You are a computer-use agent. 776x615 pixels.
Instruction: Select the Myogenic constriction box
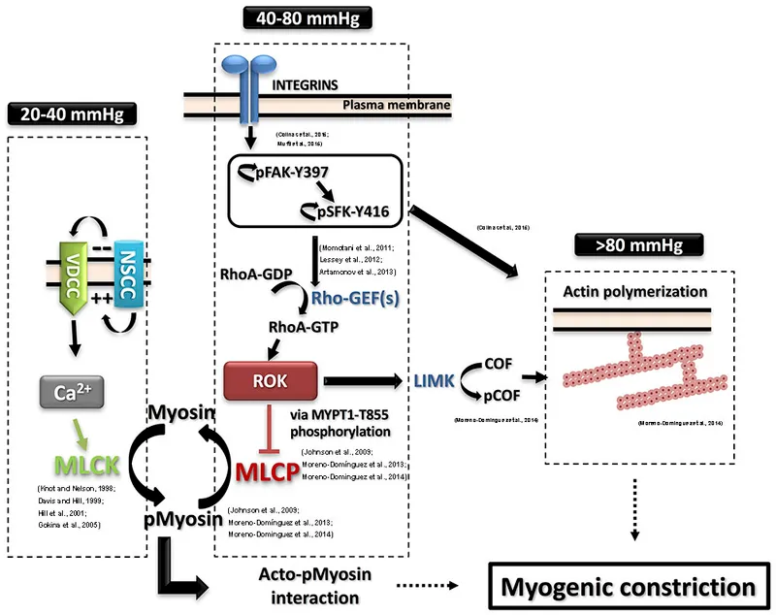coord(626,588)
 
